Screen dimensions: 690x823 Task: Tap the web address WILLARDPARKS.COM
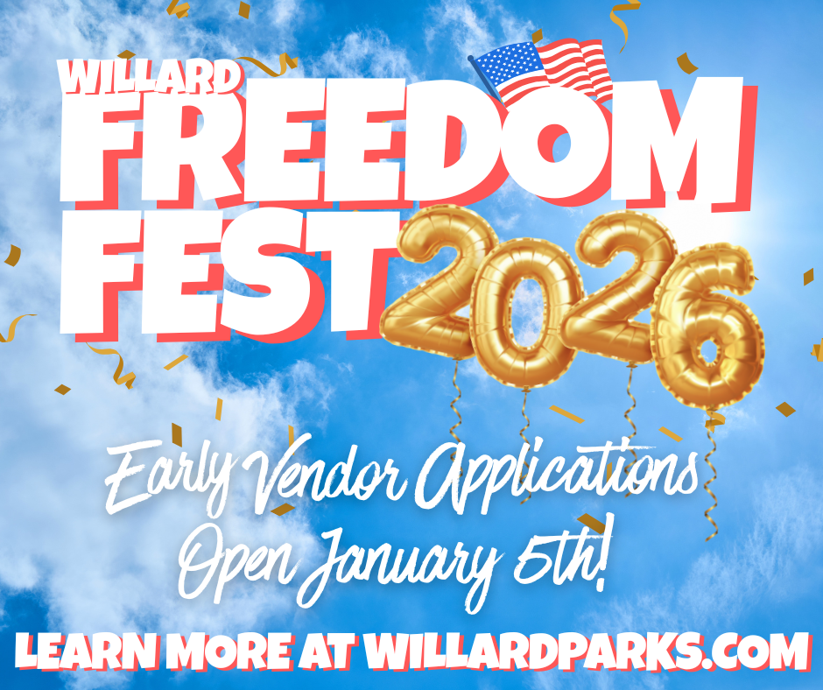(x=585, y=653)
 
